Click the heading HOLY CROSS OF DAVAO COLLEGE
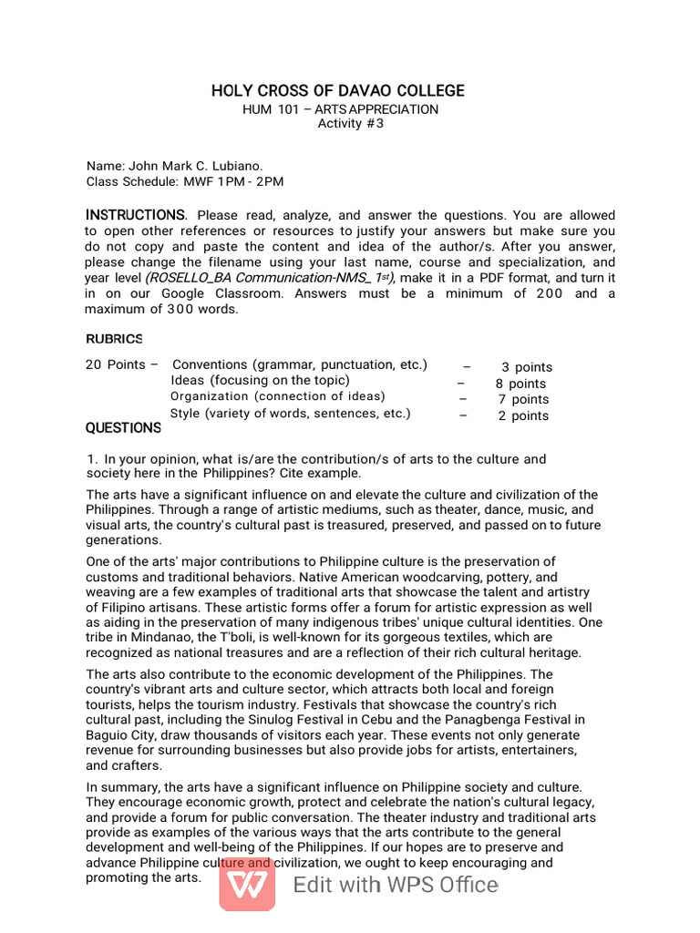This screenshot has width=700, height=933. pos(338,91)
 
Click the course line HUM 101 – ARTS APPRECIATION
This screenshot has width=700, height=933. pos(340,109)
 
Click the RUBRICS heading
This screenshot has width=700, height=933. pos(114,339)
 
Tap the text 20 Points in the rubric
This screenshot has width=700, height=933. pos(115,364)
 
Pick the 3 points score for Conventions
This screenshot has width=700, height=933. pos(527,367)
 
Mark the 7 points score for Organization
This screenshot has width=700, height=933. pos(523,399)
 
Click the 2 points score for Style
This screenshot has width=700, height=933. pos(523,415)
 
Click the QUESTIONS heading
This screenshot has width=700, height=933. pos(123,428)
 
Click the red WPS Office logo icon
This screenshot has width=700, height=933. pos(247,885)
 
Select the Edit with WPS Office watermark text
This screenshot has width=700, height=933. pos(396,885)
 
